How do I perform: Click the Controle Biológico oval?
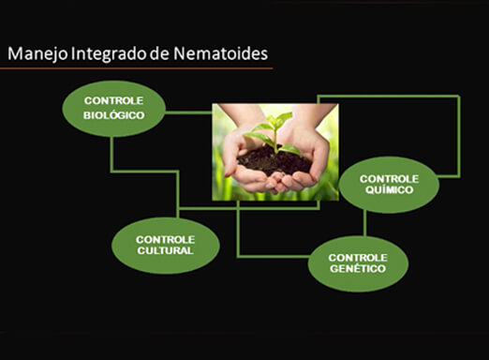pyautogui.click(x=113, y=109)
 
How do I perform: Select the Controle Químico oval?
pyautogui.click(x=389, y=185)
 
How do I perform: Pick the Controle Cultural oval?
pyautogui.click(x=165, y=245)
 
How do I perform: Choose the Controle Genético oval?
pyautogui.click(x=358, y=262)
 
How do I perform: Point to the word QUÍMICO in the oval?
pyautogui.click(x=389, y=189)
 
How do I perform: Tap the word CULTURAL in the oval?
pyautogui.click(x=165, y=251)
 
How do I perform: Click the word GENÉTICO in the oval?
pyautogui.click(x=358, y=269)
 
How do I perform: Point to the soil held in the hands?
pyautogui.click(x=274, y=161)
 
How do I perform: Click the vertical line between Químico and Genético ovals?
pyautogui.click(x=364, y=223)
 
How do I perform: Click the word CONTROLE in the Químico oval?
pyautogui.click(x=389, y=177)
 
